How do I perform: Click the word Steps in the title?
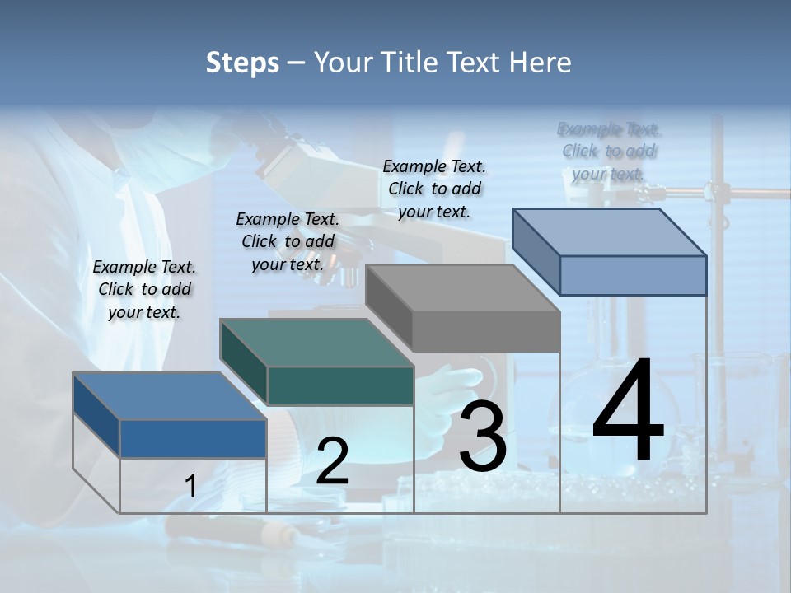[242, 63]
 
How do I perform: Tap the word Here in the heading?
[539, 63]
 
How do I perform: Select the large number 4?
[628, 412]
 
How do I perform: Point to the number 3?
[482, 437]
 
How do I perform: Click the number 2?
[332, 461]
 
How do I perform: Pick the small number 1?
[191, 486]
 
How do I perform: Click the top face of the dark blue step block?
[170, 395]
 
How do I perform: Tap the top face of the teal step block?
[316, 342]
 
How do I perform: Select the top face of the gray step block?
[463, 288]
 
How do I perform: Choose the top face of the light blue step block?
[610, 232]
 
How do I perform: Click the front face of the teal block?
[340, 385]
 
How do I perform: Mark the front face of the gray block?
[486, 332]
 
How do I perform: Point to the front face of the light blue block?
[633, 275]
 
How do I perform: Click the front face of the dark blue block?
[193, 438]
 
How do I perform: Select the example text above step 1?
[144, 289]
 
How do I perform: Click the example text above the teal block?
[288, 241]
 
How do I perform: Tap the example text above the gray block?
[434, 189]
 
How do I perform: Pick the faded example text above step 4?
[609, 152]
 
